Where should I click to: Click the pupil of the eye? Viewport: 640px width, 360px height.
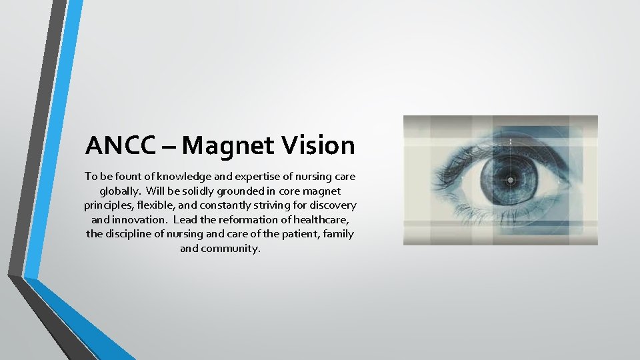511,180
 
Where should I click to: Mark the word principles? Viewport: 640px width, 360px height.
107,205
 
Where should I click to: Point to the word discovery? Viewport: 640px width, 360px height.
331,205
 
